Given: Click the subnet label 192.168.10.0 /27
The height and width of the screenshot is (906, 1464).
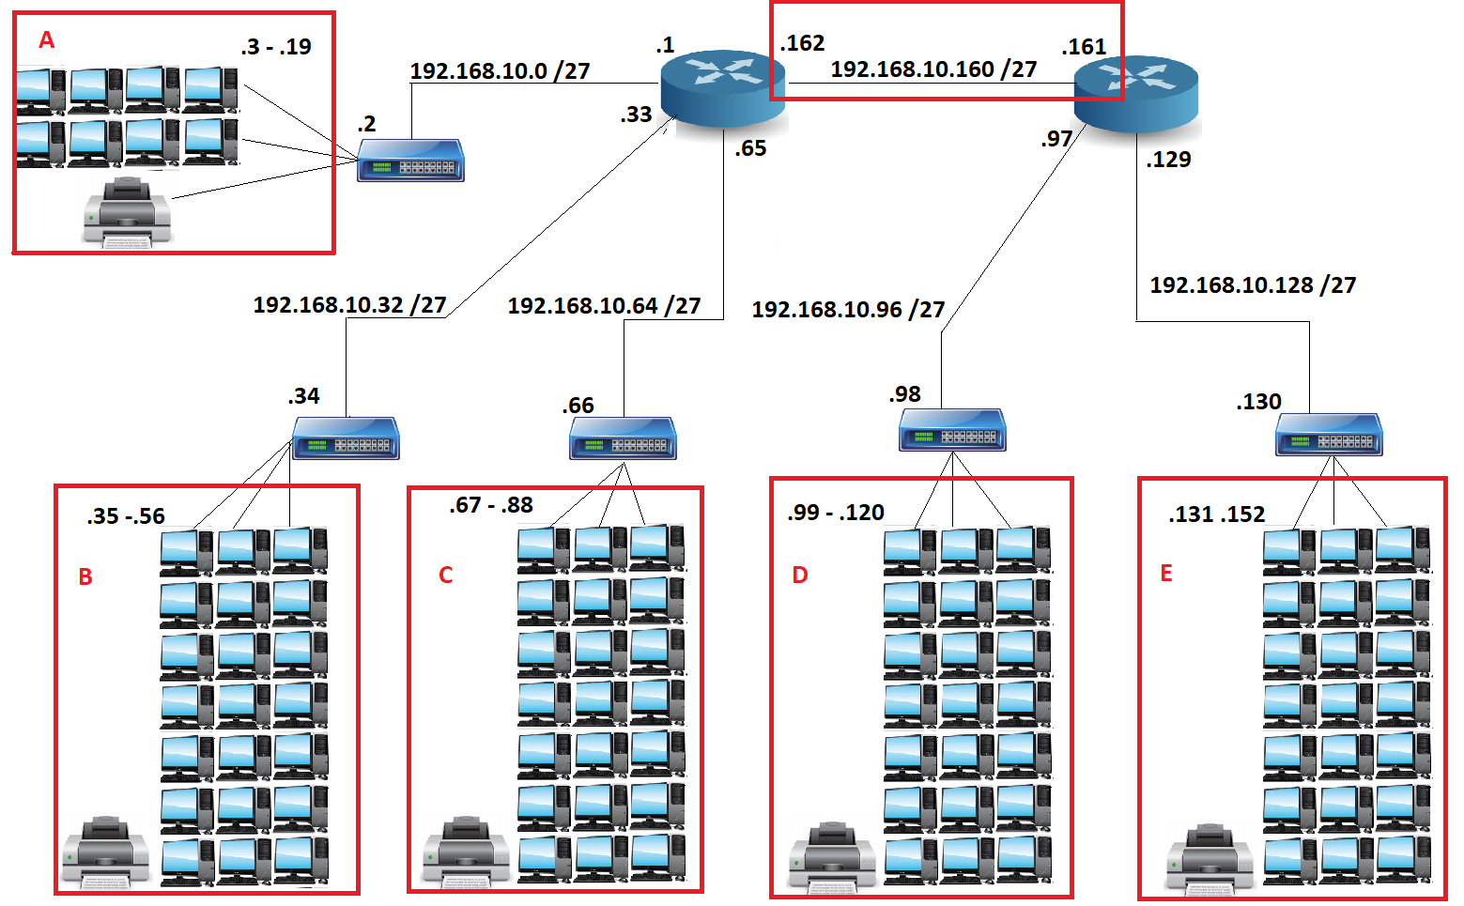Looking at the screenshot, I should pos(500,71).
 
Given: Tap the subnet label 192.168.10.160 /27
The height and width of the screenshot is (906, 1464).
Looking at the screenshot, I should pos(933,69).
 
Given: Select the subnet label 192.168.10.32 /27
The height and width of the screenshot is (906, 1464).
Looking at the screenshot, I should pos(349,305).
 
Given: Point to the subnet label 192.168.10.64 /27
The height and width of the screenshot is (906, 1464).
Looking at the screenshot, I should pos(604,306).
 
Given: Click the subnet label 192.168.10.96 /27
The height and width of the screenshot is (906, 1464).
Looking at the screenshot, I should pos(848,310).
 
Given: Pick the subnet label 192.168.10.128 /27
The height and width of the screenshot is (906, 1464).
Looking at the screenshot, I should pos(1253,285).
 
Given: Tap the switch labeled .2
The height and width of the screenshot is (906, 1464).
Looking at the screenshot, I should pos(411,161).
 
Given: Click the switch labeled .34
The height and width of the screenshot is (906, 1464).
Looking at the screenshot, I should pos(346,438).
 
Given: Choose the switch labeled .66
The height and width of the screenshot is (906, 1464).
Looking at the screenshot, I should pos(623,438).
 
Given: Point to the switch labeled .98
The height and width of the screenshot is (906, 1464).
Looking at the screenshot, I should pos(952,431).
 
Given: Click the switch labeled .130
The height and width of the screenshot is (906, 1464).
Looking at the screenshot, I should pos(1329,435).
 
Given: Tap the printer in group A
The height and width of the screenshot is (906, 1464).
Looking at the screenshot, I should pos(127,212).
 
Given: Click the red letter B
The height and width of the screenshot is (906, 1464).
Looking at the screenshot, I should pos(85,577).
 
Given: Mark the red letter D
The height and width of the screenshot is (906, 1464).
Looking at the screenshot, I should pos(800,576).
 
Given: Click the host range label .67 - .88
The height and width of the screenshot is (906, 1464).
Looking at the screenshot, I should pos(491,506).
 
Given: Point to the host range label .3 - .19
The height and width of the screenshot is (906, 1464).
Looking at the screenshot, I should pos(276,47).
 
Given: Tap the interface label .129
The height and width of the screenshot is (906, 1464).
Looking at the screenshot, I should pos(1168,160).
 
